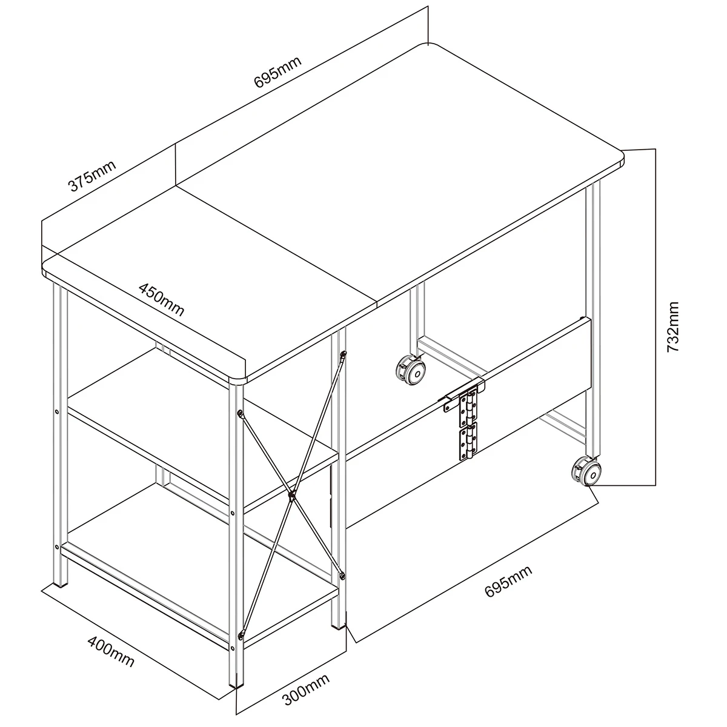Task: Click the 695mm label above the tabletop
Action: click(x=277, y=71)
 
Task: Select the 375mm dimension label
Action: click(x=91, y=176)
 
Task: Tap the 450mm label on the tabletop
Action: click(x=162, y=299)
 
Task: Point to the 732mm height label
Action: click(x=672, y=327)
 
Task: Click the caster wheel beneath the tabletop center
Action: click(x=411, y=370)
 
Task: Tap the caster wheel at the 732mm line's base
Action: click(x=586, y=471)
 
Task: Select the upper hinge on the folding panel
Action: click(x=468, y=408)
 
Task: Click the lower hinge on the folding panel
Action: click(x=468, y=442)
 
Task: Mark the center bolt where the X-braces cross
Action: click(x=291, y=496)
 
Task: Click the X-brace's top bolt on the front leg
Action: click(x=239, y=414)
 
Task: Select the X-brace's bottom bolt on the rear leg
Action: click(x=342, y=576)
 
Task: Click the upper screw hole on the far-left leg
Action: click(x=56, y=411)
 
